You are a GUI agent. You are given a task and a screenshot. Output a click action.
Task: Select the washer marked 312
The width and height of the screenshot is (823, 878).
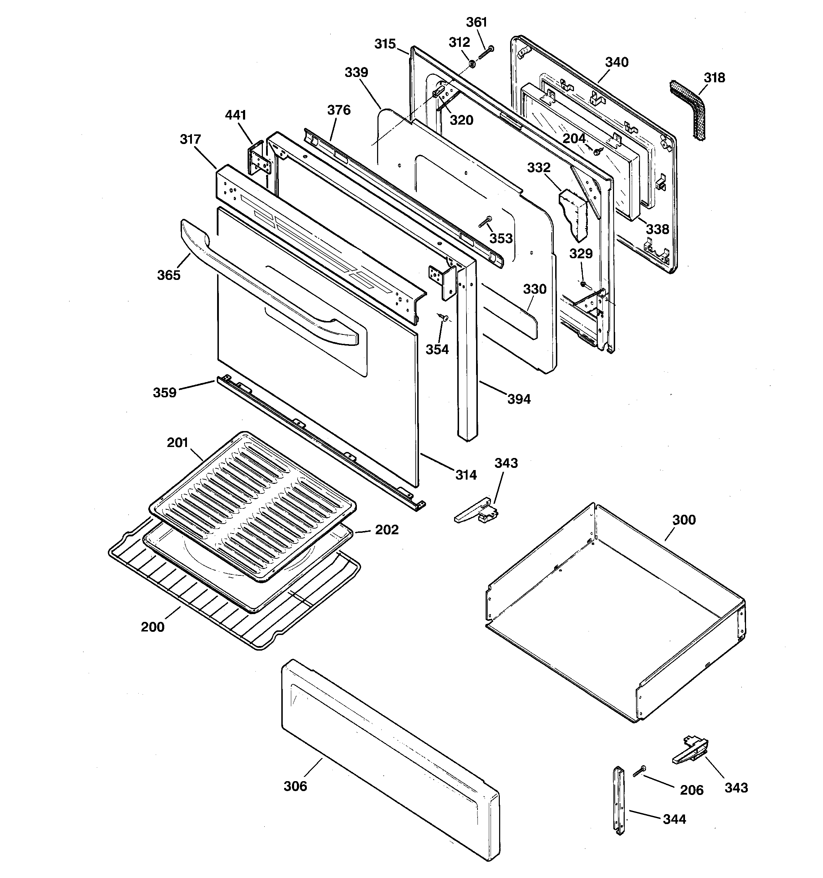471,65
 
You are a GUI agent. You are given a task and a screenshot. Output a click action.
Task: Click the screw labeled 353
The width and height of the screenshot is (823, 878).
485,222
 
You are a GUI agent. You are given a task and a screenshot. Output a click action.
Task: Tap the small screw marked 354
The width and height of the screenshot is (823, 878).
443,317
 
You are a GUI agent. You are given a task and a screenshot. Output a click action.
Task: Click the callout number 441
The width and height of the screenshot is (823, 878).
236,115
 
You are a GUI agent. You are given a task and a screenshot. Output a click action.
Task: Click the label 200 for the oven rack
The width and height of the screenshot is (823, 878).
153,627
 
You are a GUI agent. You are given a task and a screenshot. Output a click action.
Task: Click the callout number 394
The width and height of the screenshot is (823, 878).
519,399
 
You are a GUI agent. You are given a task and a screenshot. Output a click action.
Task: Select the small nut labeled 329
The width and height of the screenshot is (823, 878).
583,283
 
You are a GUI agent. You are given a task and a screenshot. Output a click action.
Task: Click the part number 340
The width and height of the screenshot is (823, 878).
616,62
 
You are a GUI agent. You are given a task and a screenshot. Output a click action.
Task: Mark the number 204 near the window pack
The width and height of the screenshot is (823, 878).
574,139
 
